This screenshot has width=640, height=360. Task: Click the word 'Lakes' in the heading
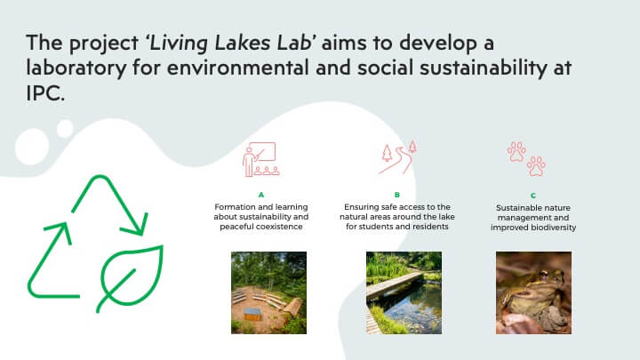tap(243, 43)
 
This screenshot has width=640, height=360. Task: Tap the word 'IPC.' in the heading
tap(45, 93)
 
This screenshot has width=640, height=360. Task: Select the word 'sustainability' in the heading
tap(484, 68)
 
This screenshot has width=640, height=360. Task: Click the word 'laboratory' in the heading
tap(76, 68)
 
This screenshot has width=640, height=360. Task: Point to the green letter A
tap(261, 195)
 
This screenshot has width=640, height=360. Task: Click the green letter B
tap(397, 195)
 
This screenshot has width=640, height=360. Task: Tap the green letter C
tap(533, 196)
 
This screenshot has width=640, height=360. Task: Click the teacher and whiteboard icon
tap(260, 159)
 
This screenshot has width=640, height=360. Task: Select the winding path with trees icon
tap(397, 157)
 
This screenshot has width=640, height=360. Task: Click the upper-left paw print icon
tap(516, 152)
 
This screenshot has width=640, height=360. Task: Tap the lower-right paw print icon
tap(536, 166)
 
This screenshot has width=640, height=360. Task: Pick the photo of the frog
tap(533, 292)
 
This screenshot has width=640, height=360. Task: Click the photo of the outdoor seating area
tap(268, 292)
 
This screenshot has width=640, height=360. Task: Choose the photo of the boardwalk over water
tap(404, 292)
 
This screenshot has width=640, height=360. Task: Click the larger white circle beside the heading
tap(32, 147)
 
